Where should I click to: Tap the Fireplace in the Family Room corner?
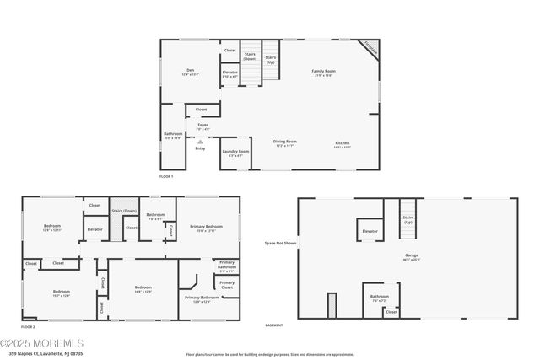pyautogui.click(x=369, y=48)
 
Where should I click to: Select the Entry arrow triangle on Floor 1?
pyautogui.click(x=200, y=141)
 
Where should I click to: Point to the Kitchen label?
pyautogui.click(x=342, y=143)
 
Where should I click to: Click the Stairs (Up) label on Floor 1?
pyautogui.click(x=271, y=59)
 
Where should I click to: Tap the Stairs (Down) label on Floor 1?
pyautogui.click(x=250, y=56)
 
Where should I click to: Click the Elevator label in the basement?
pyautogui.click(x=370, y=230)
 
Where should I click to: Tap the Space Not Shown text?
pyautogui.click(x=280, y=243)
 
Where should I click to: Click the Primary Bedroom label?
pyautogui.click(x=206, y=227)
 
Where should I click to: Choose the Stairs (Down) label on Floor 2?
pyautogui.click(x=124, y=210)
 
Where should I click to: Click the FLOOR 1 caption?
pyautogui.click(x=166, y=176)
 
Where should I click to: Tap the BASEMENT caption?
pyautogui.click(x=274, y=325)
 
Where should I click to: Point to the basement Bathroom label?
pyautogui.click(x=379, y=296)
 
